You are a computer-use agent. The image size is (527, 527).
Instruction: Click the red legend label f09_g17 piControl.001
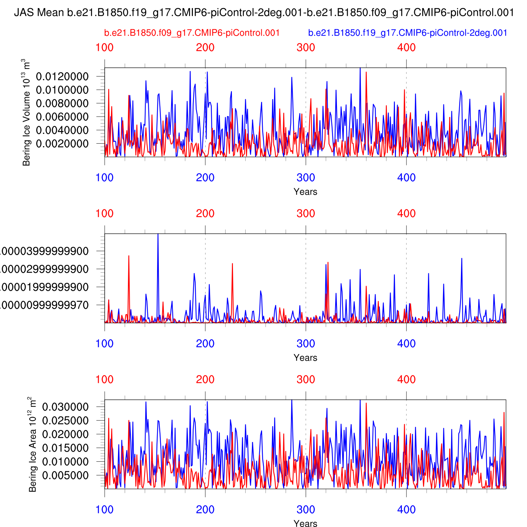pos(192,33)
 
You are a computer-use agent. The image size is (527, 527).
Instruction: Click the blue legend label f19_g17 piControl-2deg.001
pos(408,33)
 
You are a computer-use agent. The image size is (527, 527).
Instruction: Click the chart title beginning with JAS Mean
pos(263,13)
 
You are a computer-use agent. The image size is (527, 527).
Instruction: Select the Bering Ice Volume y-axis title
pos(26,112)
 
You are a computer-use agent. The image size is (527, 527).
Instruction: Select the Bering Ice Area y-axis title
pos(32,444)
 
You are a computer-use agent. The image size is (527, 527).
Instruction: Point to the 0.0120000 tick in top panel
pos(62,77)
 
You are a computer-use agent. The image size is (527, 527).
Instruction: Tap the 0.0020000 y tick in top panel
pos(62,144)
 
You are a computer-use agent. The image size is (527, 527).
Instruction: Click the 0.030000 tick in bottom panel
pos(65,407)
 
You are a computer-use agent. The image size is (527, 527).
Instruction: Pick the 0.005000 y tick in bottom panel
pos(65,475)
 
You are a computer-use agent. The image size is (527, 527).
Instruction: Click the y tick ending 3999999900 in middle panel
pos(44,251)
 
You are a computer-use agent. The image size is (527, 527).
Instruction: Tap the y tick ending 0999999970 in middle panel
pos(44,305)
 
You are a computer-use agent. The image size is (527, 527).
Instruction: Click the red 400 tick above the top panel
pos(406,48)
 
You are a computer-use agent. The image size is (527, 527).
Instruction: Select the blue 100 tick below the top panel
pos(105,178)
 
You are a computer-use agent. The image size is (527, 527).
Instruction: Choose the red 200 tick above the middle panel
pos(205,214)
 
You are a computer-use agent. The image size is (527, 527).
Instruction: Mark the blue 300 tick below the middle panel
pos(306,344)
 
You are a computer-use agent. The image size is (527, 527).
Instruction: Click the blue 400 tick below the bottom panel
pos(406,510)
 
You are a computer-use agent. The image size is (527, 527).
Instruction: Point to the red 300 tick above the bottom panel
pos(306,380)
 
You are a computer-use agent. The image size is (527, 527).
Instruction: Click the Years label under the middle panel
pos(305,358)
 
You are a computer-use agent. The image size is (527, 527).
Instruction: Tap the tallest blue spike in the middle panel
pos(158,235)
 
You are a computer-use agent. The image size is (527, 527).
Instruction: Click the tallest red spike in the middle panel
pos(129,256)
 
